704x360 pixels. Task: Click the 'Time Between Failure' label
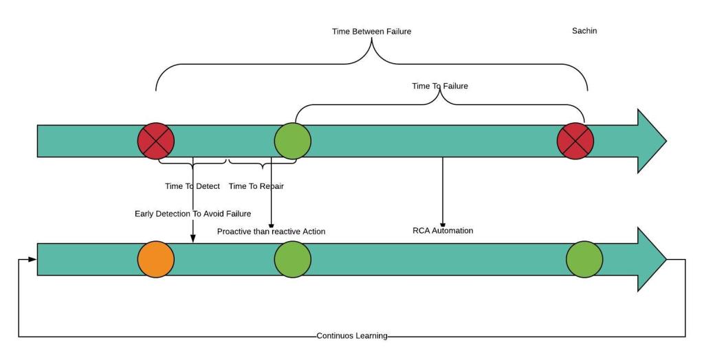[x=371, y=31]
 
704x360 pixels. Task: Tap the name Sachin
[x=584, y=31]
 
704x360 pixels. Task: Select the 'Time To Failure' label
[x=439, y=86]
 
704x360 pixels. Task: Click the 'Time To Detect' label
[x=192, y=186]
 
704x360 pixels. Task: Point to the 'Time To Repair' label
[x=256, y=186]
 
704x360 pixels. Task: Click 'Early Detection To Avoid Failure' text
[x=192, y=214]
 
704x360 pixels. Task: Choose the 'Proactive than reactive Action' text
[x=271, y=232]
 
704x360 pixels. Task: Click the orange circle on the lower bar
[x=156, y=260]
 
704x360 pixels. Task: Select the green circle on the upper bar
[x=293, y=141]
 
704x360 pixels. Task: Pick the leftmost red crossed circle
[x=156, y=141]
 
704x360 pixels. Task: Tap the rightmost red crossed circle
[x=575, y=141]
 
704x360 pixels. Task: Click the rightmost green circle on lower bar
[x=584, y=260]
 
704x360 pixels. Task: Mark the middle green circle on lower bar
[x=293, y=260]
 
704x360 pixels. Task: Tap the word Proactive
[x=234, y=232]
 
